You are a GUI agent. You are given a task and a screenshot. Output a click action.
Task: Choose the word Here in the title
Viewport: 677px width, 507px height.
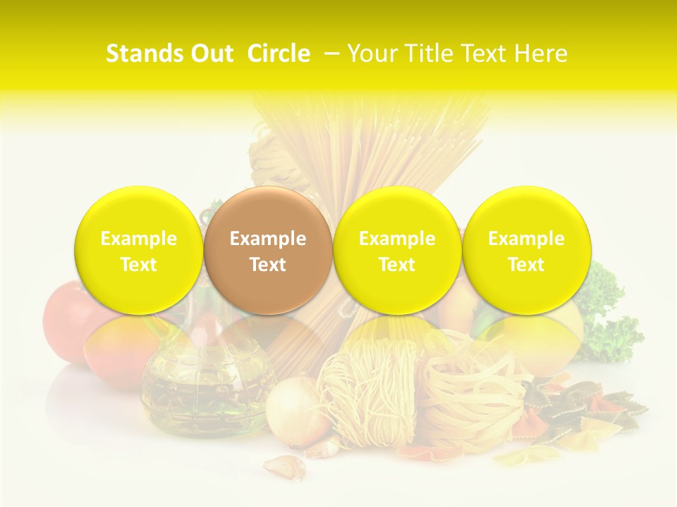point(541,54)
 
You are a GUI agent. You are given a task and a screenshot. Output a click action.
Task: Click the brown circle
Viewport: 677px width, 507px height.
point(268,250)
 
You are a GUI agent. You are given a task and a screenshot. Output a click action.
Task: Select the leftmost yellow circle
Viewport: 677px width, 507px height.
point(139,250)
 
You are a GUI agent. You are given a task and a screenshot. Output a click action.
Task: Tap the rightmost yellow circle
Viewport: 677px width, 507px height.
point(527,250)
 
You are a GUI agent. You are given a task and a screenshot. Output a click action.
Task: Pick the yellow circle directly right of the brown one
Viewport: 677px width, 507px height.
point(397,250)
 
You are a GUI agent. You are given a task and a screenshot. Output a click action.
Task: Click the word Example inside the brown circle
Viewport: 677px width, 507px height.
point(268,239)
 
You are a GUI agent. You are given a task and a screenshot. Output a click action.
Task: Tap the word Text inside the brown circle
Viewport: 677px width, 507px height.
point(268,265)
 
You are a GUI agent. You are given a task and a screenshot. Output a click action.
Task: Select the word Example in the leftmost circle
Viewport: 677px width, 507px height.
point(139,239)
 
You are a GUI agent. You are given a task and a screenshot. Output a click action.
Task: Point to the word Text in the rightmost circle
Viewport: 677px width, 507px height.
point(527,265)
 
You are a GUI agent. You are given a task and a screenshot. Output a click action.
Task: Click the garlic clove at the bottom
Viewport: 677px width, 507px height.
point(286,467)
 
